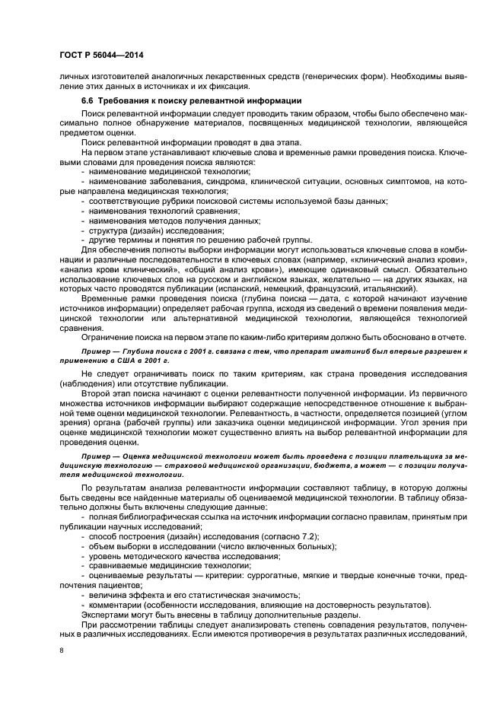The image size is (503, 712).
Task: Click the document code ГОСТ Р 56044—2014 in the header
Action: tap(102, 56)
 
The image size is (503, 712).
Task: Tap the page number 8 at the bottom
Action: tap(62, 650)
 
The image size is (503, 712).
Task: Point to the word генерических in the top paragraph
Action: tap(301, 77)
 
